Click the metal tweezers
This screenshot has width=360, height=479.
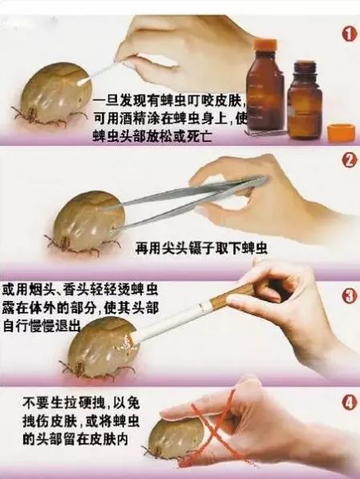pyautogui.click(x=193, y=195)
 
